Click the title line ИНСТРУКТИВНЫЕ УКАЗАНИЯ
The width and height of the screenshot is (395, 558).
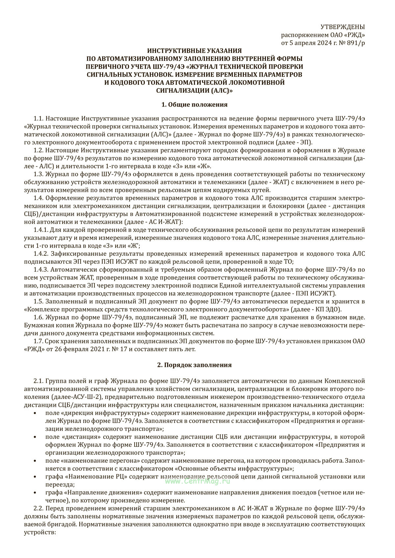(x=194, y=51)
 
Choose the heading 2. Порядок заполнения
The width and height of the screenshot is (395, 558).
(x=194, y=365)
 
